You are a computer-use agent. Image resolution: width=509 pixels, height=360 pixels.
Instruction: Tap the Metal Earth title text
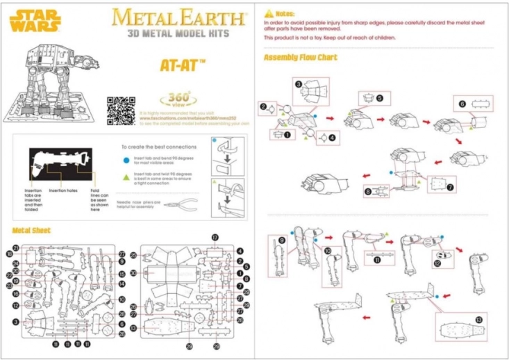(178, 16)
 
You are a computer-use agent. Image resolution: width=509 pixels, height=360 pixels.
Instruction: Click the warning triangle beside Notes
(268, 13)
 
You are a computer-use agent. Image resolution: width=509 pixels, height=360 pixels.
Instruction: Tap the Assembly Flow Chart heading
(300, 57)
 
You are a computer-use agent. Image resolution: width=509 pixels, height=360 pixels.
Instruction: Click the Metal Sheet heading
(31, 230)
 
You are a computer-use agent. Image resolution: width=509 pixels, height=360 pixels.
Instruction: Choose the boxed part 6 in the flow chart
(474, 104)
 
